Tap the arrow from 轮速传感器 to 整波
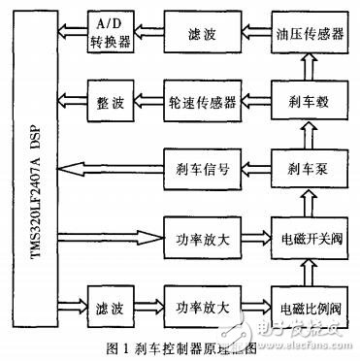tap(146, 100)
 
